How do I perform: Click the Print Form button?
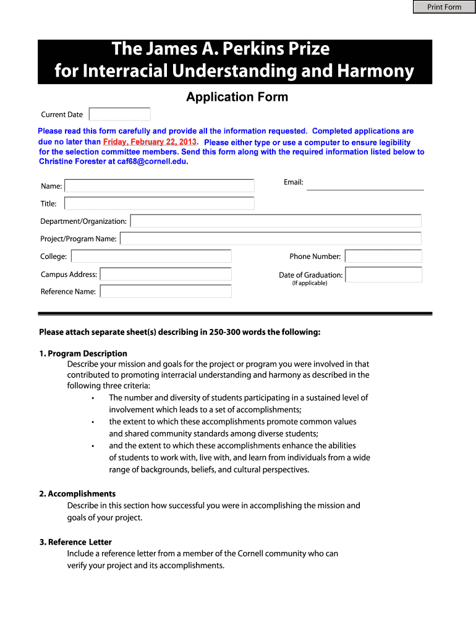point(444,7)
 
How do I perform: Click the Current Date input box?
point(120,114)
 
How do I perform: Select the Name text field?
point(159,185)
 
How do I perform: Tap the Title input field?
point(159,203)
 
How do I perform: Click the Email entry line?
point(365,184)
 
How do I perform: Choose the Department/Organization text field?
point(276,221)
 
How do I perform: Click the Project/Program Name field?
point(271,239)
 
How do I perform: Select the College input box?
point(151,256)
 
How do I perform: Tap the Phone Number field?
point(383,256)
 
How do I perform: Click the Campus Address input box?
point(166,274)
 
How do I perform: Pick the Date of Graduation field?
point(383,274)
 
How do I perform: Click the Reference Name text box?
point(166,291)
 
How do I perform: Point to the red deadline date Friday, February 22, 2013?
point(150,142)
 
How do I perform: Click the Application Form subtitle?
point(237,97)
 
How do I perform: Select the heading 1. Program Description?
point(83,354)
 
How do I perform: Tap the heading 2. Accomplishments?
point(77,494)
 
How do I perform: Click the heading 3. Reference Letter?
point(75,542)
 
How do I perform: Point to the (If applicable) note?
point(310,283)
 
